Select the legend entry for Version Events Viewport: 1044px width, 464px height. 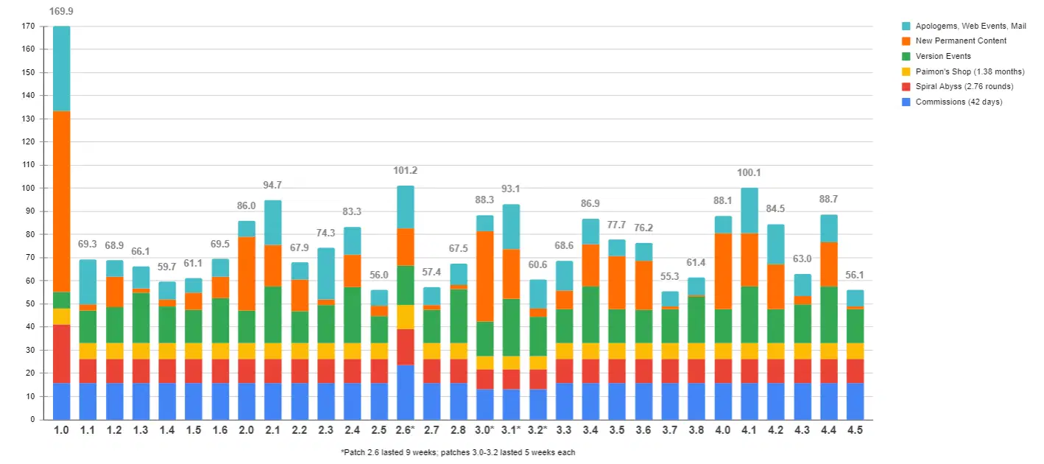pyautogui.click(x=942, y=56)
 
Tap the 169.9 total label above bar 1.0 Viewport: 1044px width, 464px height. pyautogui.click(x=61, y=12)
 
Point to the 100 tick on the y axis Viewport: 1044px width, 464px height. pyautogui.click(x=28, y=189)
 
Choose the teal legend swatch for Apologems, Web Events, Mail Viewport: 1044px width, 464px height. pyautogui.click(x=906, y=26)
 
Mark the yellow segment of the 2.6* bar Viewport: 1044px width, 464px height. pyautogui.click(x=406, y=317)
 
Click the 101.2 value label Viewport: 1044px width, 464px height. pyautogui.click(x=406, y=171)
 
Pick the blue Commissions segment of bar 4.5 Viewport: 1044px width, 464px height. pyautogui.click(x=855, y=401)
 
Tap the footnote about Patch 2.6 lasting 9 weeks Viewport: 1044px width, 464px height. pyautogui.click(x=457, y=452)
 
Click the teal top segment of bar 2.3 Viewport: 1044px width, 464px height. pyautogui.click(x=326, y=273)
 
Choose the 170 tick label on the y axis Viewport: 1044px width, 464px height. pyautogui.click(x=28, y=26)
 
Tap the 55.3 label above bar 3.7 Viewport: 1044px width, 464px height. pyautogui.click(x=669, y=278)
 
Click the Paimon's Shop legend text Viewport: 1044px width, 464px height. pyautogui.click(x=970, y=71)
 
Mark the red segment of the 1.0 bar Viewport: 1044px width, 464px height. pyautogui.click(x=61, y=354)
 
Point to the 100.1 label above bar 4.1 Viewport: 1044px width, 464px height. pyautogui.click(x=749, y=173)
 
